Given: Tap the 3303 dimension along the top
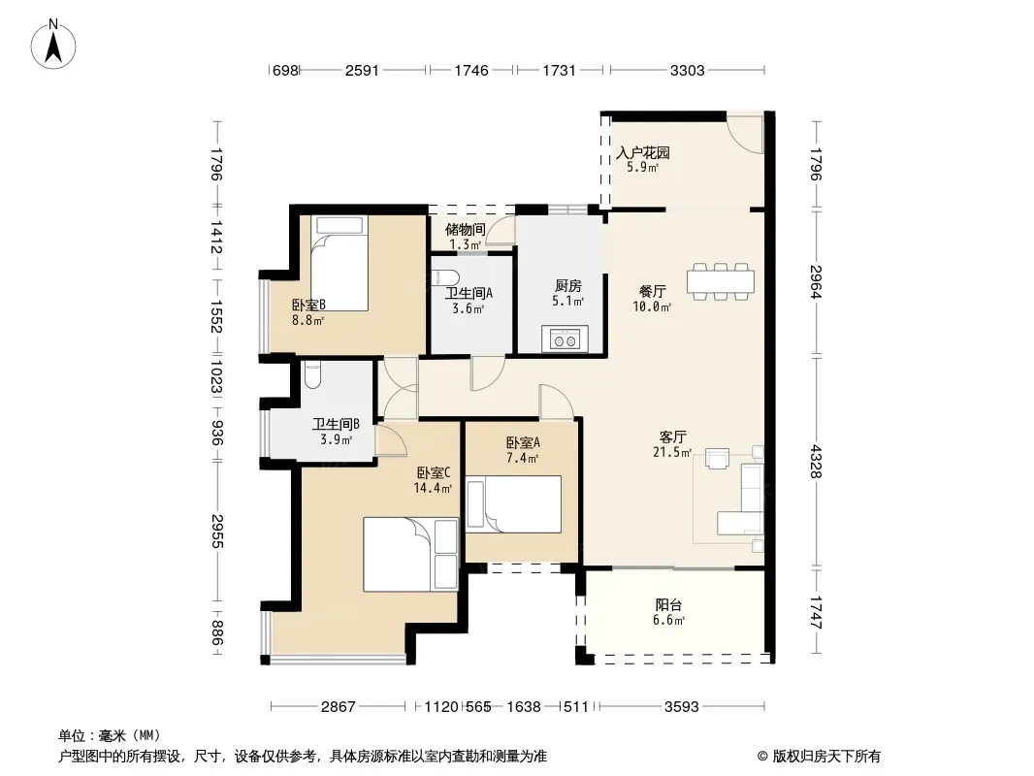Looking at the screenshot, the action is pos(687,71).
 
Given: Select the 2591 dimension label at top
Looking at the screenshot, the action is pos(362,71).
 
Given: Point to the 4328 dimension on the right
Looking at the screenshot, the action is pos(816,462).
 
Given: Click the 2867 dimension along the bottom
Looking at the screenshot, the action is pos(339,707).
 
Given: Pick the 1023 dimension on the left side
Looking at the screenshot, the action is pos(216,375).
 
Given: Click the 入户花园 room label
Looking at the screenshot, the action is pos(643,153).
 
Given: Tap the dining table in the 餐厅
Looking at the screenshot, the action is pos(721,281).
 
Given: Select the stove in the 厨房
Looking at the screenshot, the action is pos(565,339).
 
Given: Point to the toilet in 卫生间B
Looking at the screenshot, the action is pos(312,374).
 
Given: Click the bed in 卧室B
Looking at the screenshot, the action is pos(339,264).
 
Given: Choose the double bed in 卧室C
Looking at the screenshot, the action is pos(411,555).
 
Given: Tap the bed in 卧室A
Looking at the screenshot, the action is pos(514,504).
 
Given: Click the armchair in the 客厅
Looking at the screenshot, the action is pos(717,458).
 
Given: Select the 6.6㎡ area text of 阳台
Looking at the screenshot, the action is pos(668,621).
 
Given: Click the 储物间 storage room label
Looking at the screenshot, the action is pos(466,230).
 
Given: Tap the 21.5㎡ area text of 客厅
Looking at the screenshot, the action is pos(672,452).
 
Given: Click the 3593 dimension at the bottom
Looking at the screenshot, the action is pos(681,707).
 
